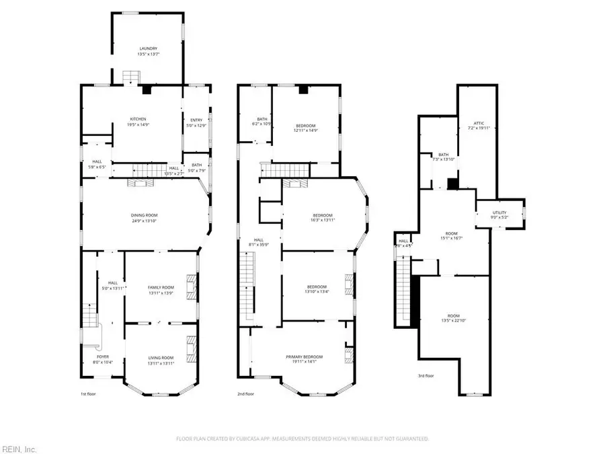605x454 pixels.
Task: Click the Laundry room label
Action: [148, 49]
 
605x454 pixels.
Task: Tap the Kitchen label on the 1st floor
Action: [138, 120]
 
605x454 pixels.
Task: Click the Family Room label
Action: [161, 287]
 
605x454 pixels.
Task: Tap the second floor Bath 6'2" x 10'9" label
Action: [261, 121]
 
